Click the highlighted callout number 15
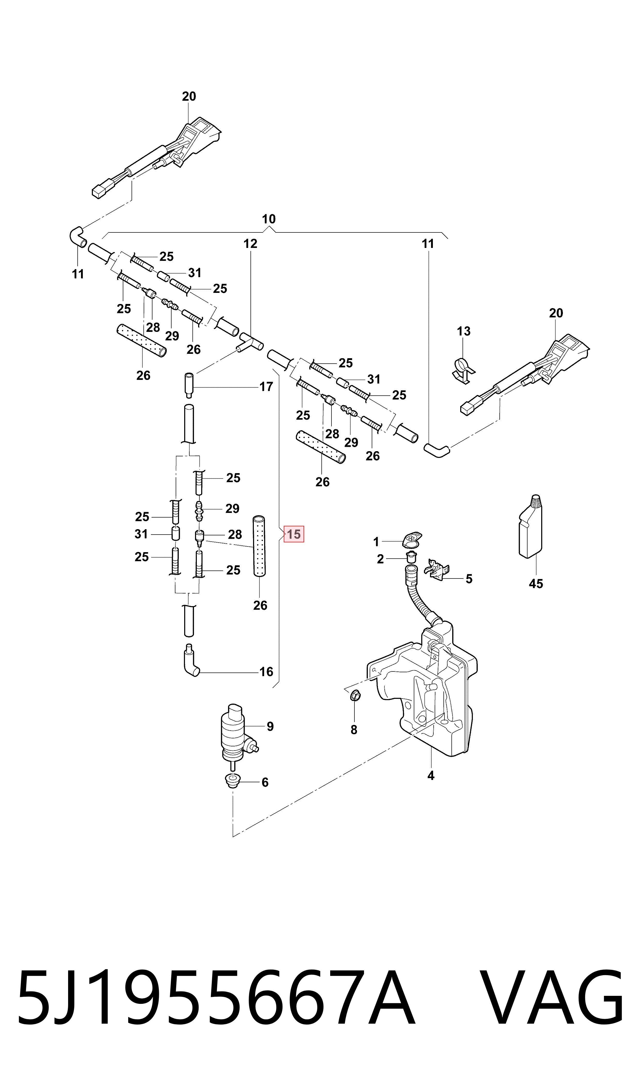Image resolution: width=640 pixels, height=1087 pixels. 294,534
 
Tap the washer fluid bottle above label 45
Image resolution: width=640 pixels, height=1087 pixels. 530,527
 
